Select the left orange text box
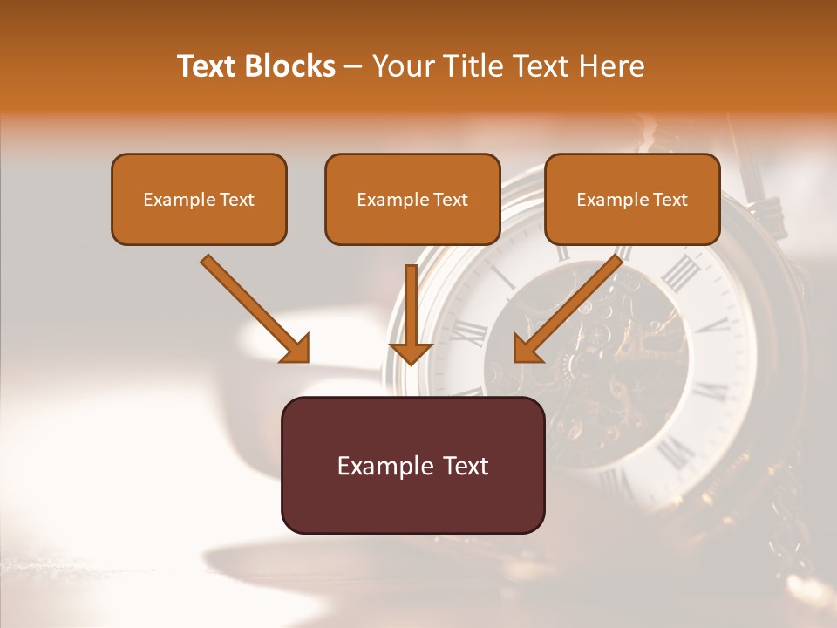click(x=199, y=199)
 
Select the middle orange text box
click(x=412, y=199)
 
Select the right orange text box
click(x=632, y=199)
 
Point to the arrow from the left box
click(x=253, y=306)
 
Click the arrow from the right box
click(x=571, y=306)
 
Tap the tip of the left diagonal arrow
click(x=306, y=358)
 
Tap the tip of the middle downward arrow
click(x=411, y=362)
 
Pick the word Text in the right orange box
click(x=669, y=200)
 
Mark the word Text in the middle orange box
click(x=450, y=200)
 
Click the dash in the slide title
click(x=353, y=66)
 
